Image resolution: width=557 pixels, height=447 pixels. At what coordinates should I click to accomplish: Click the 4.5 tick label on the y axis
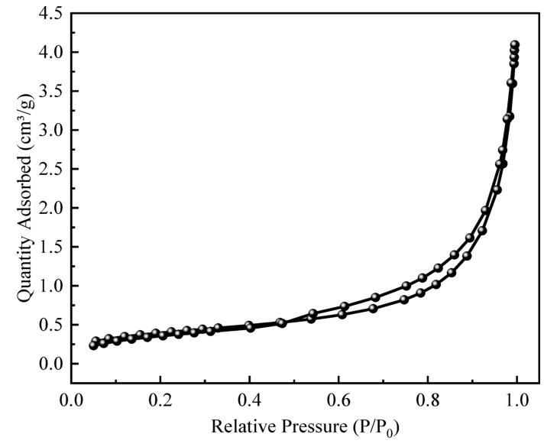pyautogui.click(x=50, y=14)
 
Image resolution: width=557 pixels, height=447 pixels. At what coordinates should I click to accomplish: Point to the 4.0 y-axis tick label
pyautogui.click(x=50, y=52)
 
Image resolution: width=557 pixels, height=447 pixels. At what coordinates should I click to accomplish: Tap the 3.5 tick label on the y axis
pyautogui.click(x=50, y=91)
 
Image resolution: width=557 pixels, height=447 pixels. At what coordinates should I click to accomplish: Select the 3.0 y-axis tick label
pyautogui.click(x=50, y=130)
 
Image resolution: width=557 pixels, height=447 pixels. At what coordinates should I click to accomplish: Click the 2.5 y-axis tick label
pyautogui.click(x=50, y=169)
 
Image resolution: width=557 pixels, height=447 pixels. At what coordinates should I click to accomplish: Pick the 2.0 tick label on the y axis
pyautogui.click(x=50, y=208)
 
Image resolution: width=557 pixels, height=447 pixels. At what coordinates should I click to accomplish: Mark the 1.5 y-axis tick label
pyautogui.click(x=50, y=247)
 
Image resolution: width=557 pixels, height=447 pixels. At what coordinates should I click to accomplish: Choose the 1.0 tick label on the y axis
pyautogui.click(x=50, y=286)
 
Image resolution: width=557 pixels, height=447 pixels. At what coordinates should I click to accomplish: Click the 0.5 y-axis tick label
pyautogui.click(x=50, y=325)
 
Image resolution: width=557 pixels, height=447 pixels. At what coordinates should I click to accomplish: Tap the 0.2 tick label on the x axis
pyautogui.click(x=160, y=400)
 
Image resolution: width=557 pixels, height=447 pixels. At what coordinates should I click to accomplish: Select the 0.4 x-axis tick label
pyautogui.click(x=249, y=400)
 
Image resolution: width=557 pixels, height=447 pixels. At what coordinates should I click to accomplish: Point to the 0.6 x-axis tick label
pyautogui.click(x=338, y=400)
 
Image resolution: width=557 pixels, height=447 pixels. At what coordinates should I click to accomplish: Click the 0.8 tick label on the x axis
pyautogui.click(x=428, y=400)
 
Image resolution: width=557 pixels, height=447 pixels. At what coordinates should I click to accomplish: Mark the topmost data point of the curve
pyautogui.click(x=514, y=45)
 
